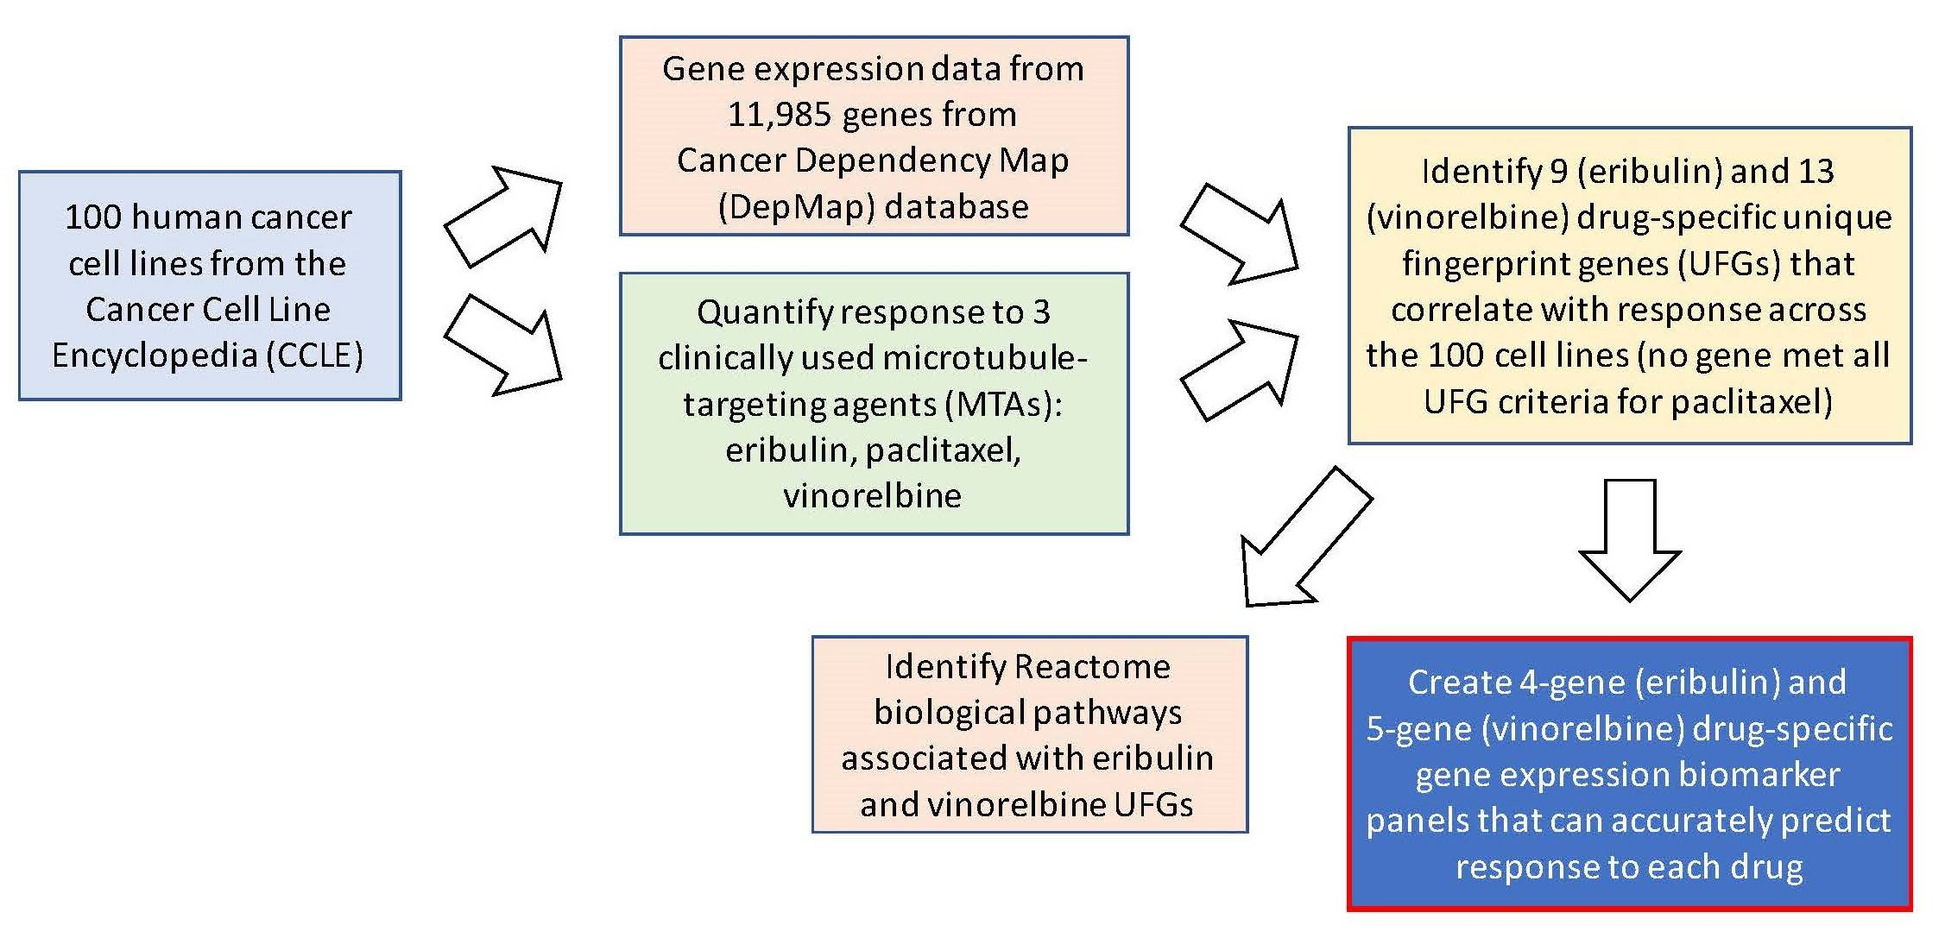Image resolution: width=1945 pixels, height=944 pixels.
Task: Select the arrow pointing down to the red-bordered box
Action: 1629,544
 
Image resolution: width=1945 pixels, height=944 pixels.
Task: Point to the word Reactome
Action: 1092,667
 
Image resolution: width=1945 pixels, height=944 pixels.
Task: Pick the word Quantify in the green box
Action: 761,312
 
